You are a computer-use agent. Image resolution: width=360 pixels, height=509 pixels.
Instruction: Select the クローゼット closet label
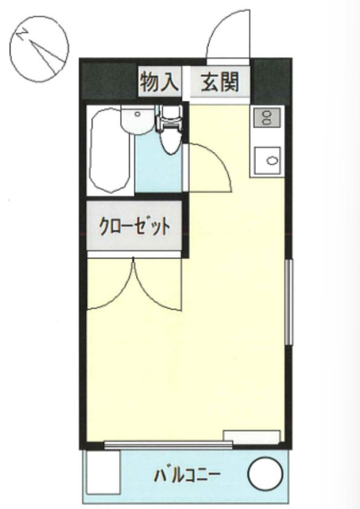pyautogui.click(x=134, y=227)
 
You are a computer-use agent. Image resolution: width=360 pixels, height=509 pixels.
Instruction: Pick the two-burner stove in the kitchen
pyautogui.click(x=265, y=119)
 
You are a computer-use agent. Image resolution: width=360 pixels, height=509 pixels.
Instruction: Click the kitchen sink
pyautogui.click(x=268, y=160)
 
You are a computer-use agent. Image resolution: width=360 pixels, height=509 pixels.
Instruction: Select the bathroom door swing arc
pyautogui.click(x=209, y=163)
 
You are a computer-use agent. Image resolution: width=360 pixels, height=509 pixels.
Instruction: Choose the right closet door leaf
pyautogui.click(x=159, y=286)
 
